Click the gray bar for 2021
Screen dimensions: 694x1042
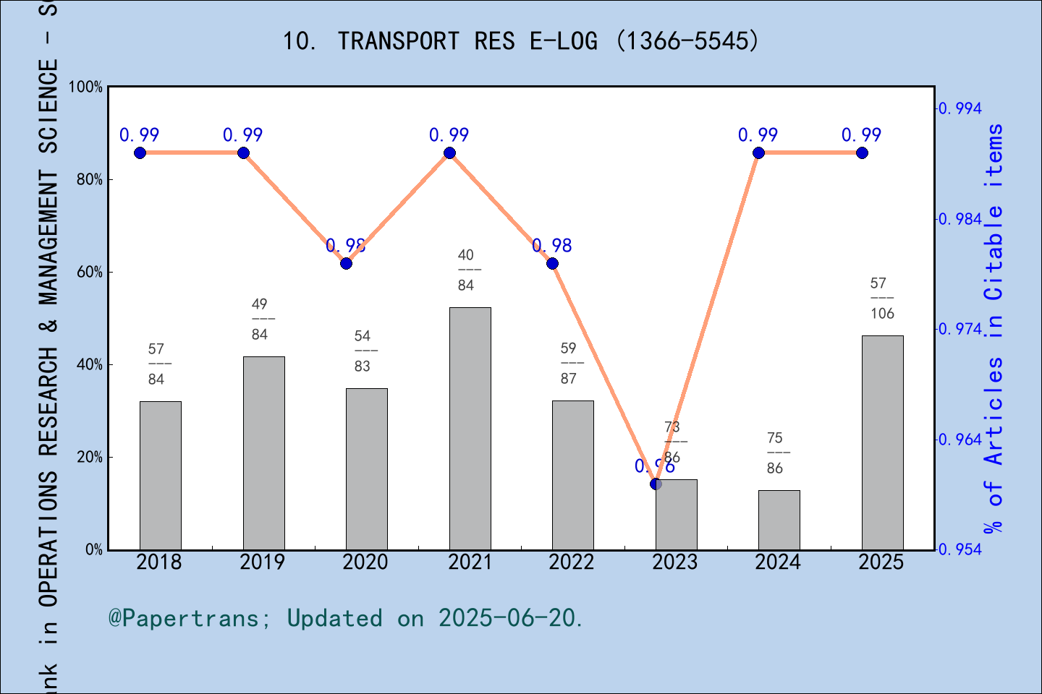point(470,428)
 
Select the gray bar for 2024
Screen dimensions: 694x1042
point(779,520)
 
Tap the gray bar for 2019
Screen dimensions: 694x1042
point(263,453)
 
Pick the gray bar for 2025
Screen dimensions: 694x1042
point(882,442)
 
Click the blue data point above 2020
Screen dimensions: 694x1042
point(346,263)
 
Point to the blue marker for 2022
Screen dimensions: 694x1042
point(552,263)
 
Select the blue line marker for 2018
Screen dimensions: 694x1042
point(140,153)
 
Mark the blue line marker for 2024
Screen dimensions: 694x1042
point(758,153)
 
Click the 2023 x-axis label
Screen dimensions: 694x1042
point(674,562)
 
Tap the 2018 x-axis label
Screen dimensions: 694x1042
point(158,562)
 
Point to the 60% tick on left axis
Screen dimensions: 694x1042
point(90,273)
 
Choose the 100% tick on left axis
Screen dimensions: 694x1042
point(86,87)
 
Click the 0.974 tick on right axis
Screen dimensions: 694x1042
point(962,329)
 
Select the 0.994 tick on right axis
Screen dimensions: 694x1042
point(962,108)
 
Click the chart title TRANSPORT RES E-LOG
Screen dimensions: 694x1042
point(520,41)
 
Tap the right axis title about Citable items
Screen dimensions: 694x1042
point(994,329)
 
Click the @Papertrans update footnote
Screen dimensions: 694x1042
point(345,618)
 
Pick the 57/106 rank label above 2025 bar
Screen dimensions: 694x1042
point(881,298)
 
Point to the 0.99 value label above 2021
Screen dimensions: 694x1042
point(449,135)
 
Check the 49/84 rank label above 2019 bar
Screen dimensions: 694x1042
point(260,319)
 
